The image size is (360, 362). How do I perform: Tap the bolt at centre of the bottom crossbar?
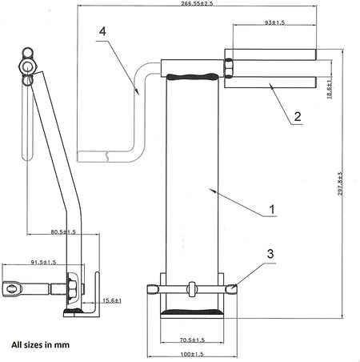(193, 288)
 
